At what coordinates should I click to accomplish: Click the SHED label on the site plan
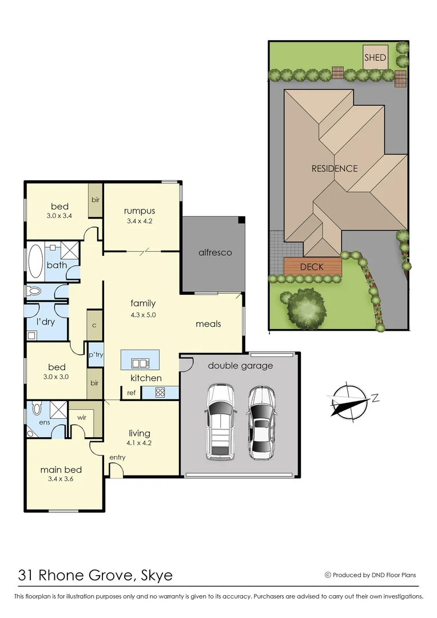[x=375, y=58]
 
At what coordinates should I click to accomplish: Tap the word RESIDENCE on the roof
[x=335, y=169]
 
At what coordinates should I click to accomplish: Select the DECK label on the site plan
[x=312, y=267]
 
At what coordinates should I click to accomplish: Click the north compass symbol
[x=349, y=399]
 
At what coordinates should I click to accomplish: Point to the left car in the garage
[x=220, y=422]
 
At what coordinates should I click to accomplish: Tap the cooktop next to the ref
[x=160, y=393]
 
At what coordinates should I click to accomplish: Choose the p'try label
[x=95, y=355]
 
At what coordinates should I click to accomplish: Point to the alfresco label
[x=215, y=252]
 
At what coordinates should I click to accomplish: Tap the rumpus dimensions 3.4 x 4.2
[x=140, y=221]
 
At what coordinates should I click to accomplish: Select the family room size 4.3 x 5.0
[x=143, y=315]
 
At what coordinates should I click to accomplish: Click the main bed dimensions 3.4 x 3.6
[x=59, y=480]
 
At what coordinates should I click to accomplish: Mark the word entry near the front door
[x=117, y=457]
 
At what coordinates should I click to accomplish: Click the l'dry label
[x=45, y=322]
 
